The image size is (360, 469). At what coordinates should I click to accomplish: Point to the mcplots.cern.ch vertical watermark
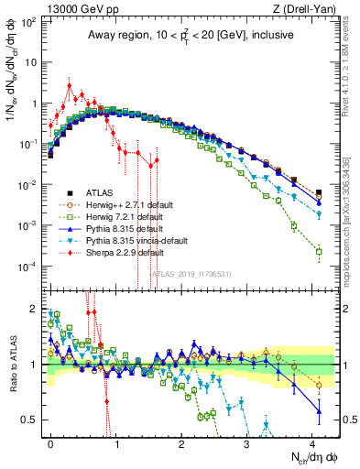[349, 229]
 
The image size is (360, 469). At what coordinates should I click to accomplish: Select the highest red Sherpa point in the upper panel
[70, 86]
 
